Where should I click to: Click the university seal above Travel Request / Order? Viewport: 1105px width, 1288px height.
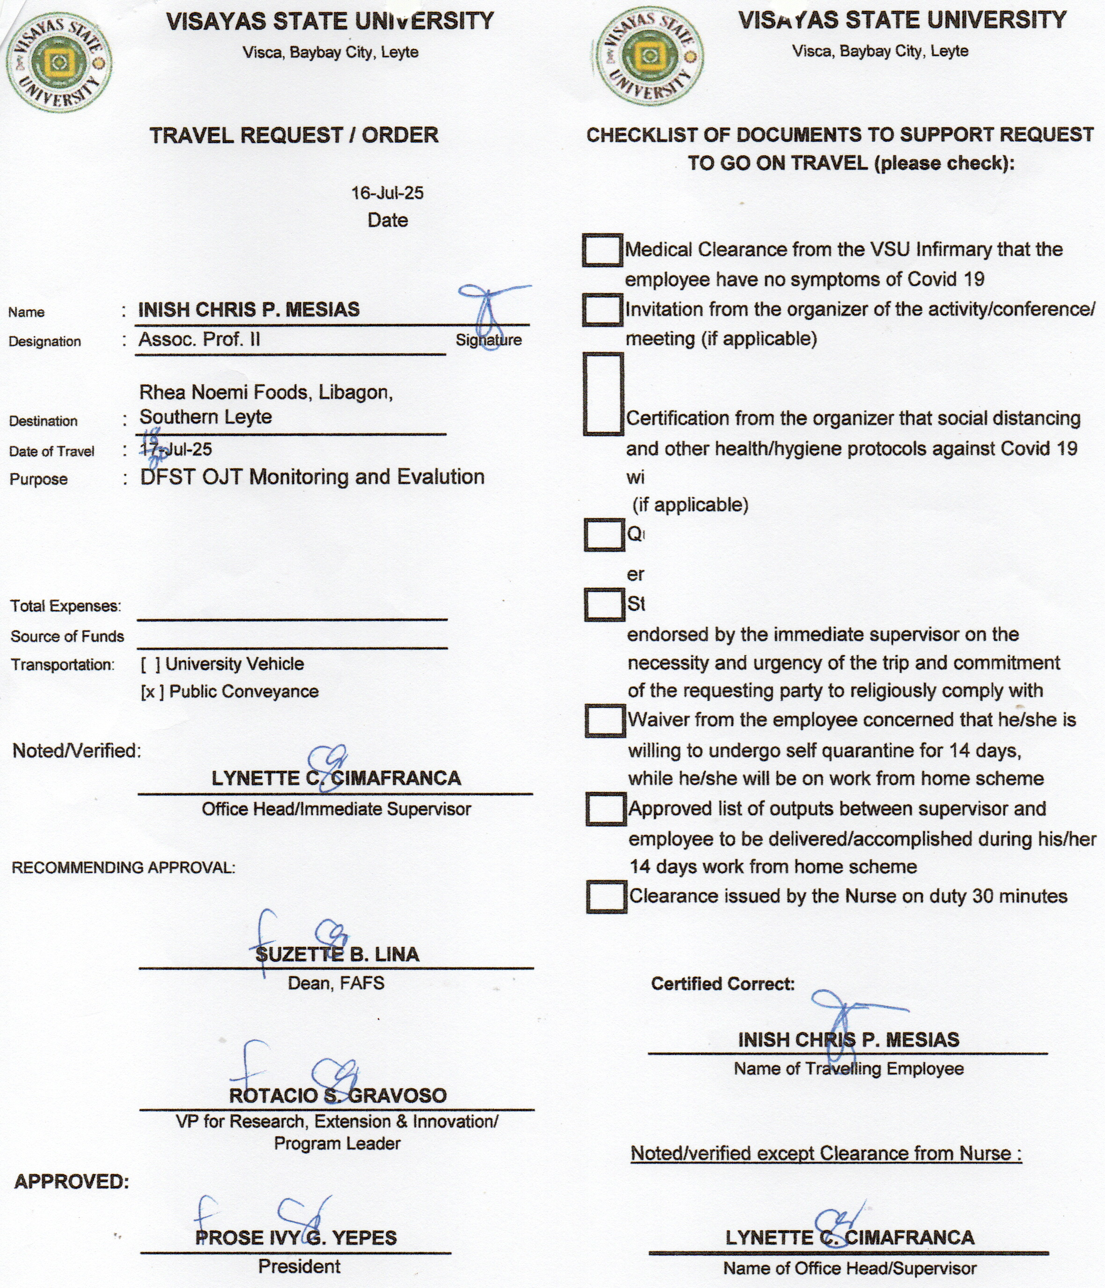click(x=59, y=62)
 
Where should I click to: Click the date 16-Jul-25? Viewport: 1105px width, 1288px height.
click(x=387, y=193)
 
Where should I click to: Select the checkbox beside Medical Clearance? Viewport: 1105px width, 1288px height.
click(x=602, y=250)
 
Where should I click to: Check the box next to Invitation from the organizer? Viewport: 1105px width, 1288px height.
click(x=602, y=309)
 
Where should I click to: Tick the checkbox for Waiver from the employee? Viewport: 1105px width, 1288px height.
click(x=604, y=720)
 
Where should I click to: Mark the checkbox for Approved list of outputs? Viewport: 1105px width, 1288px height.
click(x=605, y=809)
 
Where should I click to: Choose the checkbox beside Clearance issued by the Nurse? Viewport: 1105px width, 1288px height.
click(x=606, y=897)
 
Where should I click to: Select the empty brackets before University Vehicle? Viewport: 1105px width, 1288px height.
click(x=150, y=665)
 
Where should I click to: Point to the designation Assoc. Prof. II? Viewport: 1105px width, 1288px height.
click(x=199, y=339)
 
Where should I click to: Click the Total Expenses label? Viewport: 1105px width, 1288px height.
click(x=65, y=606)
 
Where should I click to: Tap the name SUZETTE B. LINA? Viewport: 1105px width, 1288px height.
click(x=337, y=954)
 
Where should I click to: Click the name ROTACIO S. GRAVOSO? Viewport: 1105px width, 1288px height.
click(x=338, y=1095)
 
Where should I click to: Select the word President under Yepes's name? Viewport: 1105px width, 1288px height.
click(x=299, y=1267)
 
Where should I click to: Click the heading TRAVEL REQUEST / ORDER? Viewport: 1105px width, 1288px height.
click(x=294, y=135)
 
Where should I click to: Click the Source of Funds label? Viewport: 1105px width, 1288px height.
click(x=67, y=637)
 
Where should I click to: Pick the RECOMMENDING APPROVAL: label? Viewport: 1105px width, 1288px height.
click(x=123, y=867)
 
